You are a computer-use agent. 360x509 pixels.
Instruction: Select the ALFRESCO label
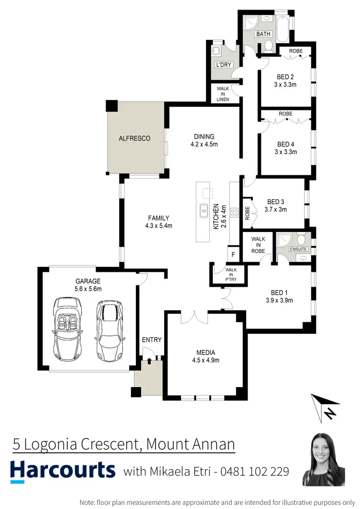click(x=134, y=138)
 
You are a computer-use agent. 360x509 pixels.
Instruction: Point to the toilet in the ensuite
click(x=301, y=239)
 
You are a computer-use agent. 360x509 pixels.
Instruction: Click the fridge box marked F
click(x=233, y=254)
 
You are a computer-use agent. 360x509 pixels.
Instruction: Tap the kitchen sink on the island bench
click(x=204, y=210)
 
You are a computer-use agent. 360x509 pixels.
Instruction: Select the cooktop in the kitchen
click(x=235, y=212)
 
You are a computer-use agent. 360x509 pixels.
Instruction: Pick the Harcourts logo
click(x=63, y=470)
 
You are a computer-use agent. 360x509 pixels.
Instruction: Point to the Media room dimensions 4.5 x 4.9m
click(x=205, y=360)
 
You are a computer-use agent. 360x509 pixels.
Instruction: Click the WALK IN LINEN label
click(x=223, y=94)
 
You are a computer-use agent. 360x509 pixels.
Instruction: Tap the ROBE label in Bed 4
click(x=286, y=114)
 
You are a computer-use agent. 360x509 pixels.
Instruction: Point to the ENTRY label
click(x=152, y=339)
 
